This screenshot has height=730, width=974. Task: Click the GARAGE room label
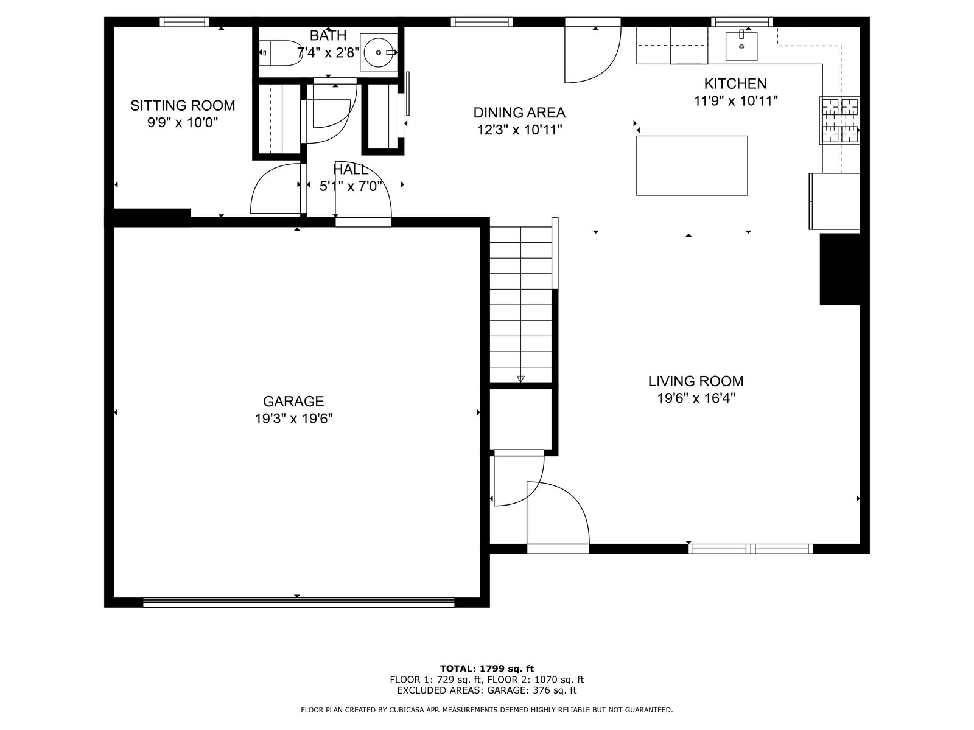click(293, 401)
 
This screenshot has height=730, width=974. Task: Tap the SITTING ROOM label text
click(183, 105)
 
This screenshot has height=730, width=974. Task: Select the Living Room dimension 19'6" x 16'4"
click(696, 398)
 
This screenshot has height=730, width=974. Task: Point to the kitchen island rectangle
click(692, 165)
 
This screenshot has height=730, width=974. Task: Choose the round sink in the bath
click(379, 52)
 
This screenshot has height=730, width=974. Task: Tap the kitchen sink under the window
click(741, 47)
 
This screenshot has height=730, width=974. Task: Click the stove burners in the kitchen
click(839, 120)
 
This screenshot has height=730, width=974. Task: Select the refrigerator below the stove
click(834, 201)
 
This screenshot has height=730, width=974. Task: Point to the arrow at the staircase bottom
click(520, 379)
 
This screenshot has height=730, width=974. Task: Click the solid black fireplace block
click(840, 269)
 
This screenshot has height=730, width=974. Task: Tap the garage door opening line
click(299, 602)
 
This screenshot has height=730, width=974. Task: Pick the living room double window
click(751, 549)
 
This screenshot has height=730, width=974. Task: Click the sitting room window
click(184, 22)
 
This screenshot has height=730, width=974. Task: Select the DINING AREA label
click(519, 113)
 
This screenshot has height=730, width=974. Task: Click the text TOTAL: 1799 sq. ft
click(487, 669)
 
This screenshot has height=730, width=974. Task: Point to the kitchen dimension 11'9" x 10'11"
click(736, 101)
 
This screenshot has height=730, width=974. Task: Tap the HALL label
click(351, 169)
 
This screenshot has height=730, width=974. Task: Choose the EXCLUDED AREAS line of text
click(487, 690)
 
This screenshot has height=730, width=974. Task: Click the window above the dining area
click(482, 22)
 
